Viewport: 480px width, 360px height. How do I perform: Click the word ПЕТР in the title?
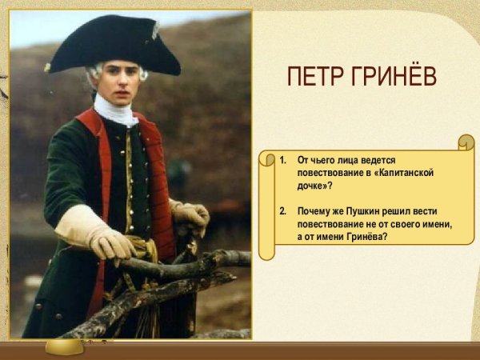[x=313, y=77]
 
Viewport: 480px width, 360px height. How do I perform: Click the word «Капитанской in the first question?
[x=407, y=173]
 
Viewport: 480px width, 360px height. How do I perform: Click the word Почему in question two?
[x=316, y=211]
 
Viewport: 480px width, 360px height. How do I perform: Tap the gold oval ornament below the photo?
[x=63, y=346]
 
